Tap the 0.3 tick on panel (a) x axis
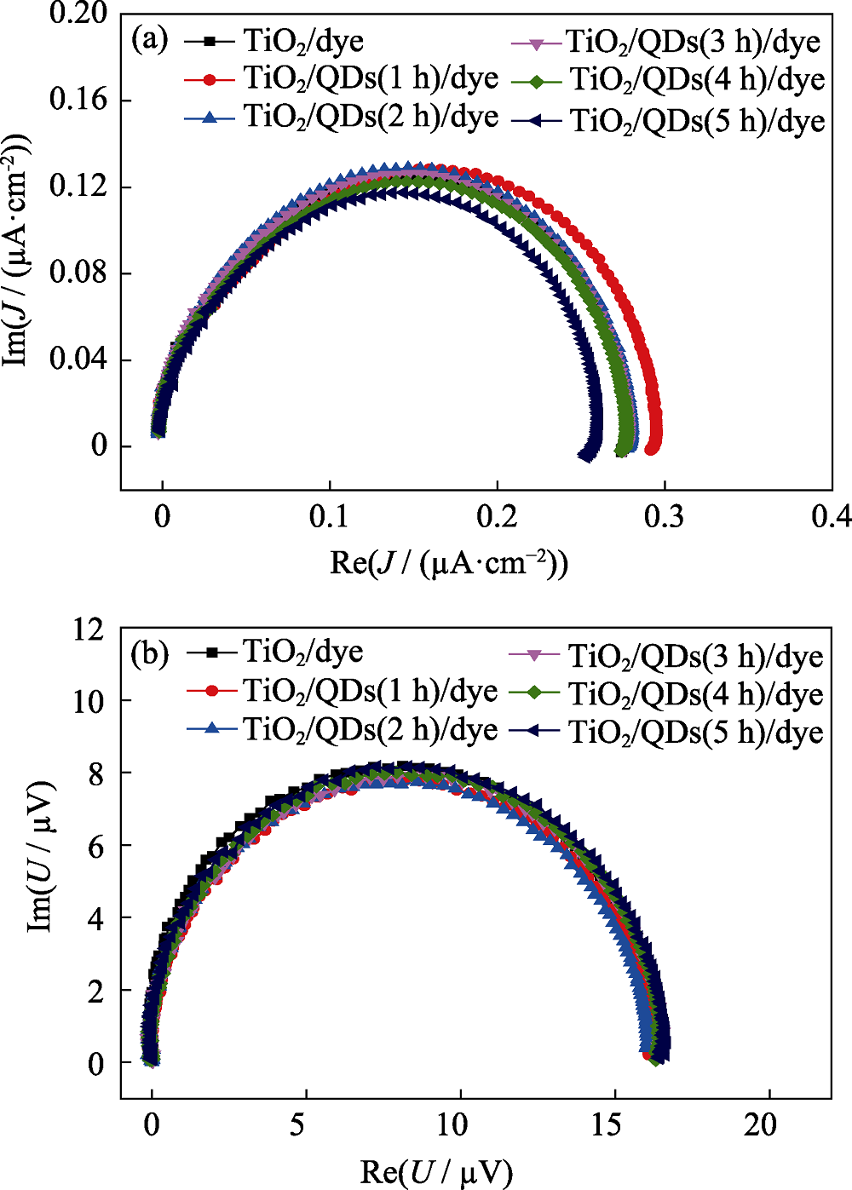coord(664,516)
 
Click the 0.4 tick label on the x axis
coord(830,516)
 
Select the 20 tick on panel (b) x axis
coord(760,1125)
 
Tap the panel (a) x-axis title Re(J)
coord(449,563)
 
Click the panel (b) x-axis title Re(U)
coord(436,1172)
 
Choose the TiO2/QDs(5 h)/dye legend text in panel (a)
coord(697,121)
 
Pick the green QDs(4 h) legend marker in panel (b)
coord(535,693)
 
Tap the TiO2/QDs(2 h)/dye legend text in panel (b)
coord(370,730)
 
